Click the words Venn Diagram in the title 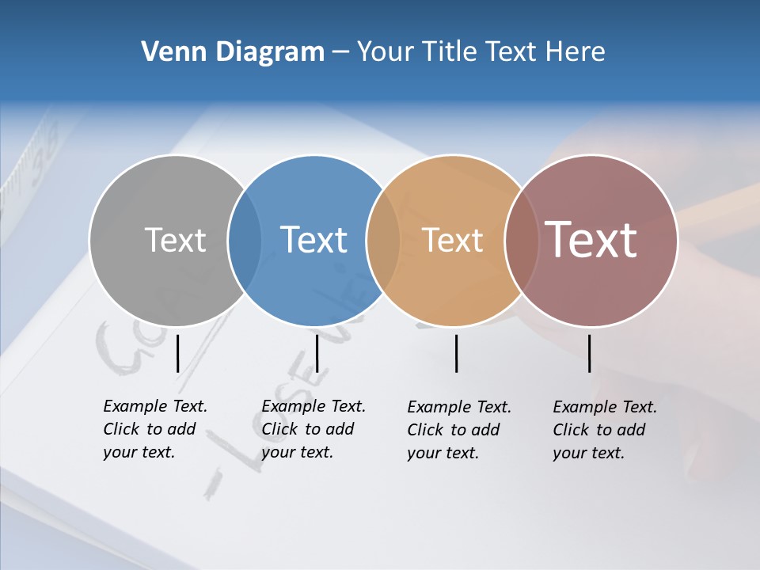tap(233, 52)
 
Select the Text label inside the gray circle tap(175, 240)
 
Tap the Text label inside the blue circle tap(313, 240)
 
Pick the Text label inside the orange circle tap(452, 240)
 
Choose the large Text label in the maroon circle tap(591, 239)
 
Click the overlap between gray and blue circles tap(245, 240)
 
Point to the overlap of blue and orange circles tap(383, 240)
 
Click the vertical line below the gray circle tap(178, 353)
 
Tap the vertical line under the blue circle tap(317, 353)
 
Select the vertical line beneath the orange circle tap(456, 353)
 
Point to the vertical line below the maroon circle tap(589, 353)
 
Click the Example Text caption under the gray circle tap(155, 429)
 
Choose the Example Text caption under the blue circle tap(313, 429)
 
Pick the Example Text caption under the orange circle tap(459, 430)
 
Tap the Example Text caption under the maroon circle tap(605, 430)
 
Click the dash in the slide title tap(340, 52)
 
